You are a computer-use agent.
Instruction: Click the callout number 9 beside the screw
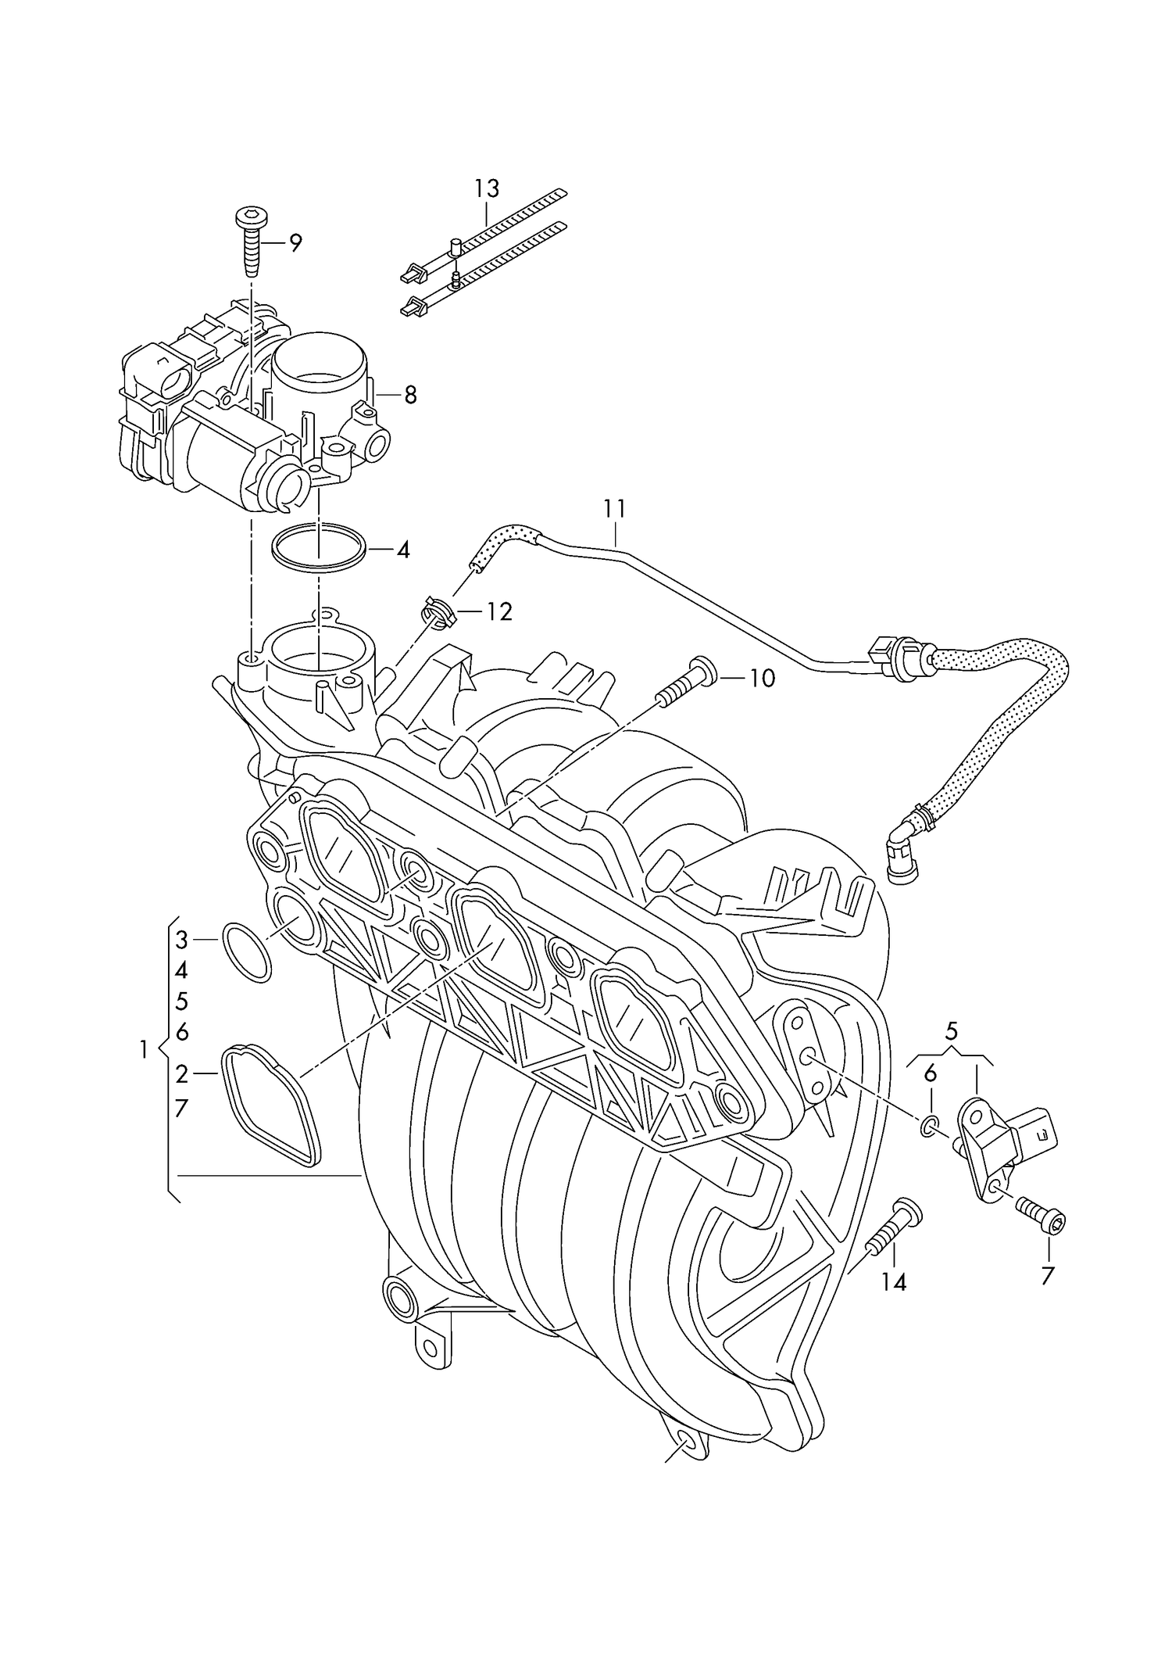pos(295,243)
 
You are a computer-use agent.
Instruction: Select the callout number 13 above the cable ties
pos(486,188)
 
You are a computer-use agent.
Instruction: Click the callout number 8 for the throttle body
pos(409,396)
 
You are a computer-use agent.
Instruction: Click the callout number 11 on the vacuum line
pos(614,509)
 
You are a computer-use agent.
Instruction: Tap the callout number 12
pos(498,611)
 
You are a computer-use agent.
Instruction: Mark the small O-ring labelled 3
pos(247,951)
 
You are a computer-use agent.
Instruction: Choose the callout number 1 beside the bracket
pos(143,1049)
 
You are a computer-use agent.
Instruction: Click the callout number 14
pos(894,1282)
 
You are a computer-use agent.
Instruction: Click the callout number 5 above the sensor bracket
pos(951,1030)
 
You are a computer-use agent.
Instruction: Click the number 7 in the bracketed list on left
pos(181,1108)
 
